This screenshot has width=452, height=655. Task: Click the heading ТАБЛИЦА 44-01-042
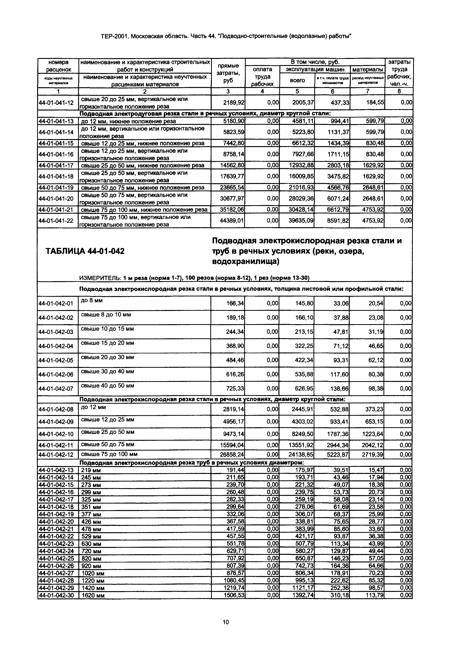(85, 251)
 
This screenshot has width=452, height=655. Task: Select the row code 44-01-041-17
(56, 165)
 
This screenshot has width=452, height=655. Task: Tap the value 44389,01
(232, 221)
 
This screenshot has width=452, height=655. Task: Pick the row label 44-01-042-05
(56, 360)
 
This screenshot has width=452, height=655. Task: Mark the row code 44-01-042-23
(56, 544)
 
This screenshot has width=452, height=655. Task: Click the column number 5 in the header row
(297, 91)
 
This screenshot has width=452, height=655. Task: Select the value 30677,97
(232, 199)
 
